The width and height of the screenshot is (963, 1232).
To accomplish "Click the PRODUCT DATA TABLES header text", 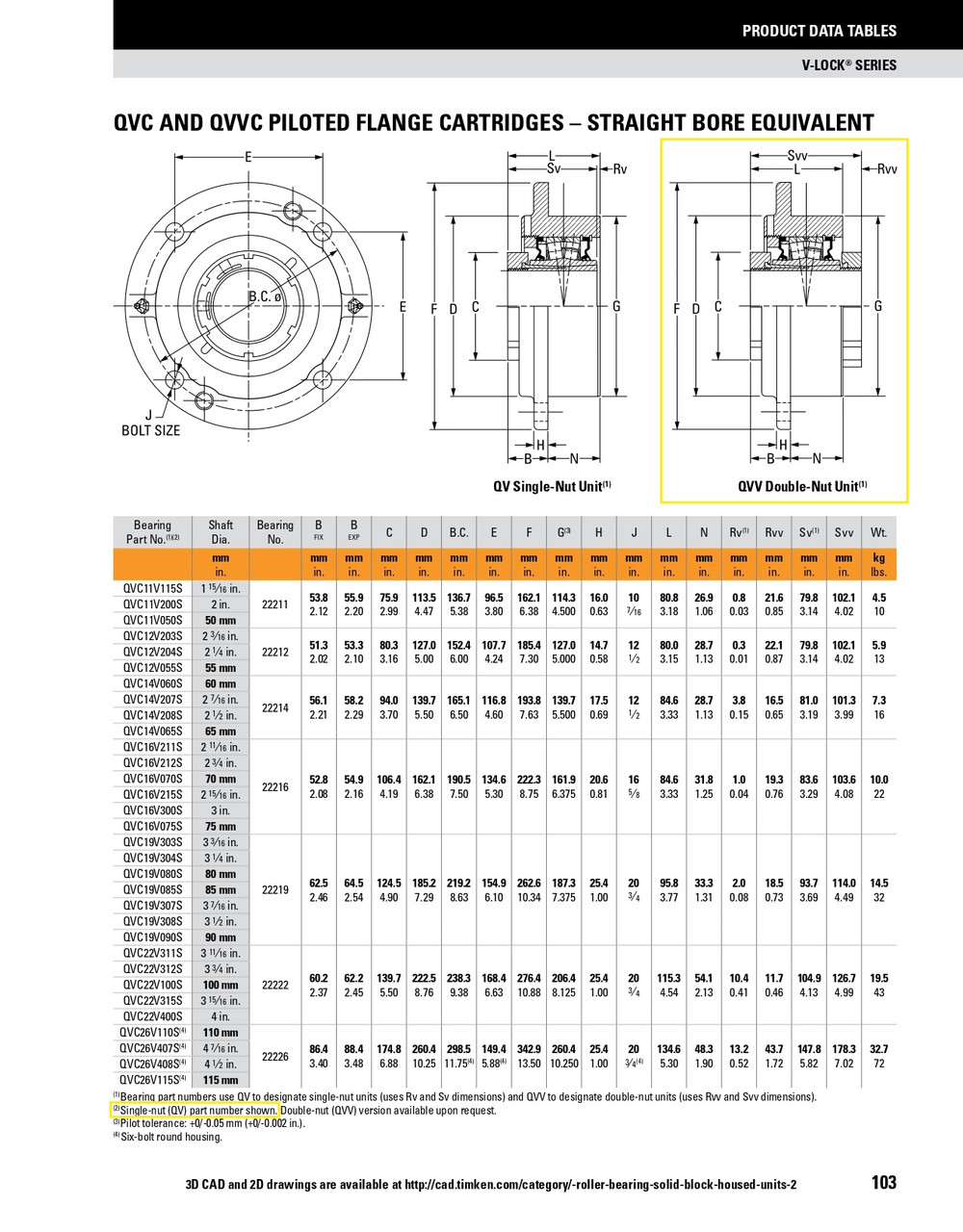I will [x=819, y=31].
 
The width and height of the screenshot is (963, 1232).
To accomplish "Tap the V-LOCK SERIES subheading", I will [x=848, y=65].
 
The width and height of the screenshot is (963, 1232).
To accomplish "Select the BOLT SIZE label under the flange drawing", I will [x=150, y=430].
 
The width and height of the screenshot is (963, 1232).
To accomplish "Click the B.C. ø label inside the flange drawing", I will [x=264, y=296].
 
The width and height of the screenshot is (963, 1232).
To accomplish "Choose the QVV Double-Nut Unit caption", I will [x=802, y=487].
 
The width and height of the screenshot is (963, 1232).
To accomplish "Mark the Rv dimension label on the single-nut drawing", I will [x=620, y=169].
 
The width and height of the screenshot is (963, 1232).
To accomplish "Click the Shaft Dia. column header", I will [x=221, y=532].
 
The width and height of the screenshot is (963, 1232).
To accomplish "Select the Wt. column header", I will [x=878, y=532].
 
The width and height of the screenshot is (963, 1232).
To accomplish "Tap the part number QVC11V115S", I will [x=152, y=588].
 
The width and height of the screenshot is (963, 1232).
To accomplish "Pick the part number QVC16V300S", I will [x=152, y=810].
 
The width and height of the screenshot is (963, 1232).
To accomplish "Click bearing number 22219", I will [x=274, y=890].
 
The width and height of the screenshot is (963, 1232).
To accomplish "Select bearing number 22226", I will [x=274, y=1056].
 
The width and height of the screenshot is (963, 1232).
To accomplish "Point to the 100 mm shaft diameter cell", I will [x=221, y=985].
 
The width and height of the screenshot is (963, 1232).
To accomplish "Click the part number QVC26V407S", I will [x=152, y=1048].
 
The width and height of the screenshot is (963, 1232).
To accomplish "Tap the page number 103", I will [x=883, y=1182].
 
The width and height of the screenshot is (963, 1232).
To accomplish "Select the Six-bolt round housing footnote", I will [x=170, y=1137].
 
